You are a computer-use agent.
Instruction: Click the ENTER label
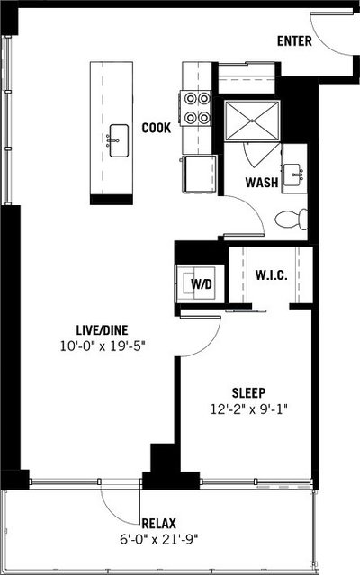pos(294,40)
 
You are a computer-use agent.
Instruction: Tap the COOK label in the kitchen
pos(157,128)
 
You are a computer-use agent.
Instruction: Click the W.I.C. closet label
pos(271,275)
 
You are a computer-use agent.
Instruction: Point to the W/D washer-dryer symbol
pos(200,283)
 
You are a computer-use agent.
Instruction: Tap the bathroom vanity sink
pos(292,175)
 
